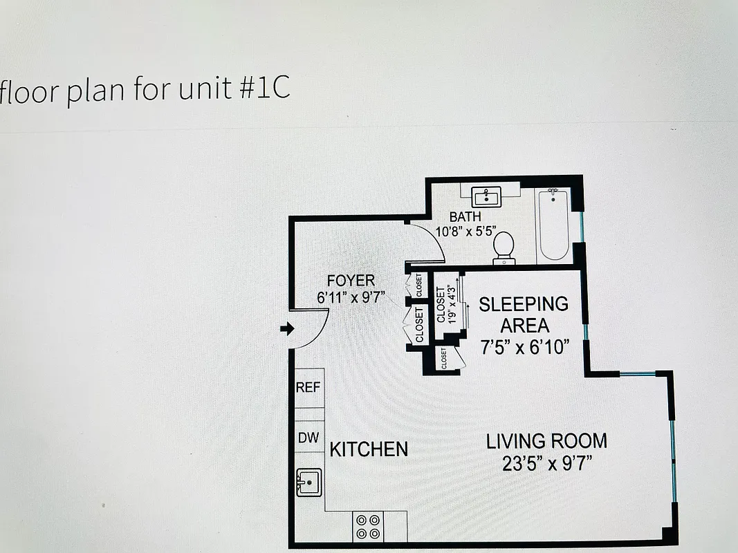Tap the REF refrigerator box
(308, 388)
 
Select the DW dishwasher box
(308, 438)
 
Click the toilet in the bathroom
(504, 247)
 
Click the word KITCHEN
(369, 449)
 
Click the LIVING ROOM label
(546, 441)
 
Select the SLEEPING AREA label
(524, 315)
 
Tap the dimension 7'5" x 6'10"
(525, 347)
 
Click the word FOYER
(351, 281)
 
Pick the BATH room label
(465, 217)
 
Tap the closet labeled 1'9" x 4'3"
(446, 304)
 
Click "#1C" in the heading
(265, 90)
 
